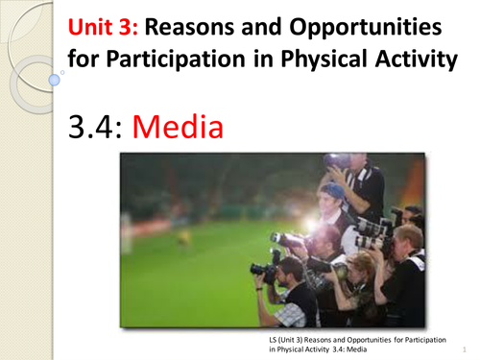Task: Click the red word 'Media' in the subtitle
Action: (x=186, y=124)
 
